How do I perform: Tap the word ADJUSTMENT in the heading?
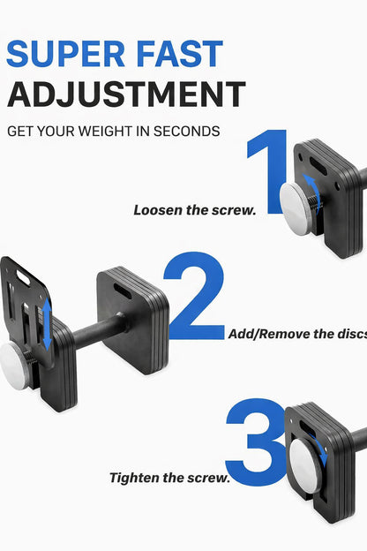[125, 94]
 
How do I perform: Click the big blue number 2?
[195, 297]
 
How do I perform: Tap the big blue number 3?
[256, 438]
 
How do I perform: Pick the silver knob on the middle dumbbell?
[15, 360]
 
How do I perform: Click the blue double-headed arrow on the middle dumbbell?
[47, 323]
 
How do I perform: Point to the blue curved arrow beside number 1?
[313, 188]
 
